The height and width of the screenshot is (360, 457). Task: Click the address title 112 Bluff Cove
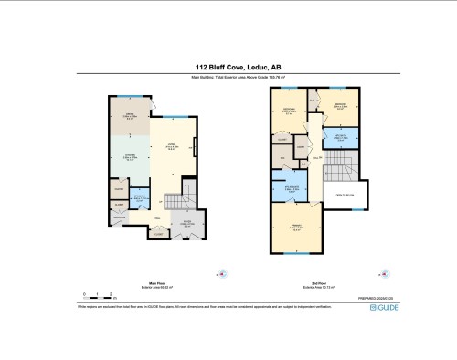pos(228,67)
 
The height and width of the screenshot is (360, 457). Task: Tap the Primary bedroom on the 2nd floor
pos(296,228)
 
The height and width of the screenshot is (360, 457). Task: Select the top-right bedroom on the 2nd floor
pos(339,108)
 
